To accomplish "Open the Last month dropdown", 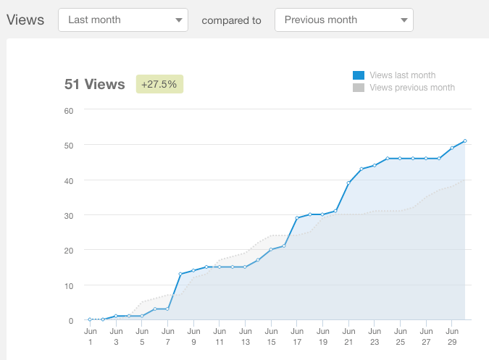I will coord(122,20).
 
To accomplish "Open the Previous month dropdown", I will coord(344,20).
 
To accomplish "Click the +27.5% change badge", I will coord(159,84).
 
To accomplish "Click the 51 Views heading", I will coord(95,84).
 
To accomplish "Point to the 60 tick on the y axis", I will coord(69,110).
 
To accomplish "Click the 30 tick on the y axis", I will coord(69,215).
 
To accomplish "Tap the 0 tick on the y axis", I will coord(71,320).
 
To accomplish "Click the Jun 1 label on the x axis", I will coord(90,336).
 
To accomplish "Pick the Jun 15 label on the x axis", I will coord(271,336).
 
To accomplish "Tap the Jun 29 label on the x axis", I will coord(451,336).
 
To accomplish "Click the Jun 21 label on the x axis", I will coord(348,336).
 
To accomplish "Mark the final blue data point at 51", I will coord(464,141).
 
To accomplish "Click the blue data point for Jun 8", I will coord(180,274).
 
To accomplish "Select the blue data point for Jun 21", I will coord(348,183).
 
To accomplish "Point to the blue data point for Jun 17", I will coord(297,218).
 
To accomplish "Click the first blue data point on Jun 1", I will coord(90,319).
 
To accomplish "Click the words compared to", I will coord(231,20).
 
